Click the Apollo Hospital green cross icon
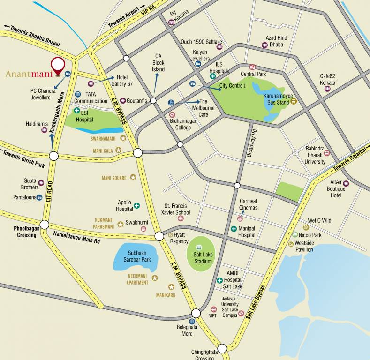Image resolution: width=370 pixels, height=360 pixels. (137, 205)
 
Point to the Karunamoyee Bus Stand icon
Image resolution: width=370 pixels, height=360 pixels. (294, 101)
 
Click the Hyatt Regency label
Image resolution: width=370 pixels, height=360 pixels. (179, 238)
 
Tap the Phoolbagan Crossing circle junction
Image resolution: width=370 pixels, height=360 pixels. (44, 225)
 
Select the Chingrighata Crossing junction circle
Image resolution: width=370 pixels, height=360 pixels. (222, 348)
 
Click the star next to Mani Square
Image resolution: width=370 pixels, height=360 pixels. (133, 178)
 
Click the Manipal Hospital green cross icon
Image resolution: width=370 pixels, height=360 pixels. (234, 229)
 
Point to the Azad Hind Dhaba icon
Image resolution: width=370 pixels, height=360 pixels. (264, 45)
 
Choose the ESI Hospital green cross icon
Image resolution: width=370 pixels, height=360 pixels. (77, 111)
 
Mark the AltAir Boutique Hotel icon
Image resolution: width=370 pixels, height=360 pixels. (346, 183)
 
